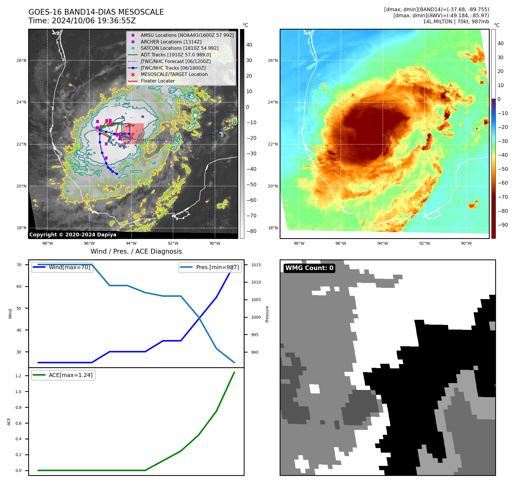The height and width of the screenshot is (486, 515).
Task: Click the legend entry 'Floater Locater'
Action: click(157, 81)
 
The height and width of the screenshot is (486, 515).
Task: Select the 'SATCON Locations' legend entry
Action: click(179, 48)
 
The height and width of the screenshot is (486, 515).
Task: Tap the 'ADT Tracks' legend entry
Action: click(176, 55)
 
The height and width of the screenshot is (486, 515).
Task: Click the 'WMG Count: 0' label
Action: click(309, 268)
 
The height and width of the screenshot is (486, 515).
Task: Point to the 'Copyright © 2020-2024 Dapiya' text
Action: click(73, 235)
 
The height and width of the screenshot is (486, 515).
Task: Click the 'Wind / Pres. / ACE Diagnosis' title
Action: click(136, 252)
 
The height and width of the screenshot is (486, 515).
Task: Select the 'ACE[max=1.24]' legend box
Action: click(63, 375)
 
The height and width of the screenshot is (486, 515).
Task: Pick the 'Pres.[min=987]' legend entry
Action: click(210, 267)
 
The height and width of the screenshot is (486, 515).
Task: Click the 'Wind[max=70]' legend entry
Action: click(62, 267)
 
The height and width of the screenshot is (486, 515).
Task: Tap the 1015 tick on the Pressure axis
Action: click(256, 265)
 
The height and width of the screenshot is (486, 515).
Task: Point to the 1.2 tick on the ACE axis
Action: click(18, 376)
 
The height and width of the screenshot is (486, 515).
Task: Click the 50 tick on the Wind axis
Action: click(19, 308)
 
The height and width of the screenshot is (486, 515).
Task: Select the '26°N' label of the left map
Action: click(21, 61)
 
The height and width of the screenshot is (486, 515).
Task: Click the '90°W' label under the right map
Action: click(466, 244)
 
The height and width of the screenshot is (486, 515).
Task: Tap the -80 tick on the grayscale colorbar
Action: click(251, 231)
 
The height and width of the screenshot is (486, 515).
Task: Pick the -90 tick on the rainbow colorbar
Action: click(503, 225)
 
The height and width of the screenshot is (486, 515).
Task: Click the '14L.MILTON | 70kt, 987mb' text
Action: click(456, 22)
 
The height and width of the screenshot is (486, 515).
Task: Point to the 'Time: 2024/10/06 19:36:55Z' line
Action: click(82, 21)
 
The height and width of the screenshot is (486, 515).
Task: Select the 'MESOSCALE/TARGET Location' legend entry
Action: click(174, 74)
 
